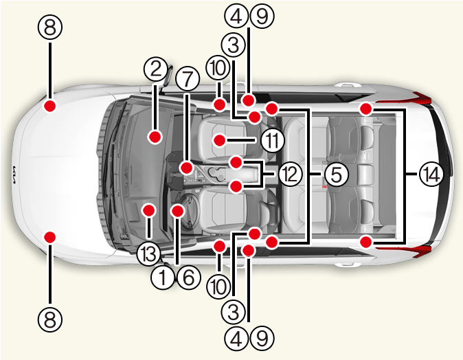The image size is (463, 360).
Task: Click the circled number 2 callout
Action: tap(156, 69)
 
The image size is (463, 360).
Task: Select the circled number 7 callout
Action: tap(188, 79)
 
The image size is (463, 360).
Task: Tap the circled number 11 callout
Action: tap(273, 140)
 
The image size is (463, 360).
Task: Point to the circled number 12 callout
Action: tap(291, 175)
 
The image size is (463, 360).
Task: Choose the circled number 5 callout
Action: tap(337, 175)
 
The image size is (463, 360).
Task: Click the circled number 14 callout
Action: tap(431, 175)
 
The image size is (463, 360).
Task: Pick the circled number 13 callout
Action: tap(148, 254)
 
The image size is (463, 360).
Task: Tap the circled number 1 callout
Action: tap(163, 278)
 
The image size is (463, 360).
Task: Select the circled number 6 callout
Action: tap(189, 278)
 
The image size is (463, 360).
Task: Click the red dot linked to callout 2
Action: tap(155, 137)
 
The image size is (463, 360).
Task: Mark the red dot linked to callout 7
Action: tap(187, 168)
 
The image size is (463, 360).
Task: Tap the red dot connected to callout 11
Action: tap(220, 140)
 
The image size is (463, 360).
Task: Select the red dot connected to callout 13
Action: tap(148, 210)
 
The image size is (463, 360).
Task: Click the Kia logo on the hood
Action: tap(14, 175)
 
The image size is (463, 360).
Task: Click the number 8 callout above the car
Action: tap(50, 27)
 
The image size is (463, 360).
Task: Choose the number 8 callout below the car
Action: tap(50, 319)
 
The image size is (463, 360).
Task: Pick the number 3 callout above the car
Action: tap(234, 45)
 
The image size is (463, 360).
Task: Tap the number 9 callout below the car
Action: tap(262, 338)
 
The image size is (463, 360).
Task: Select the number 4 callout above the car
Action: tap(236, 16)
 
